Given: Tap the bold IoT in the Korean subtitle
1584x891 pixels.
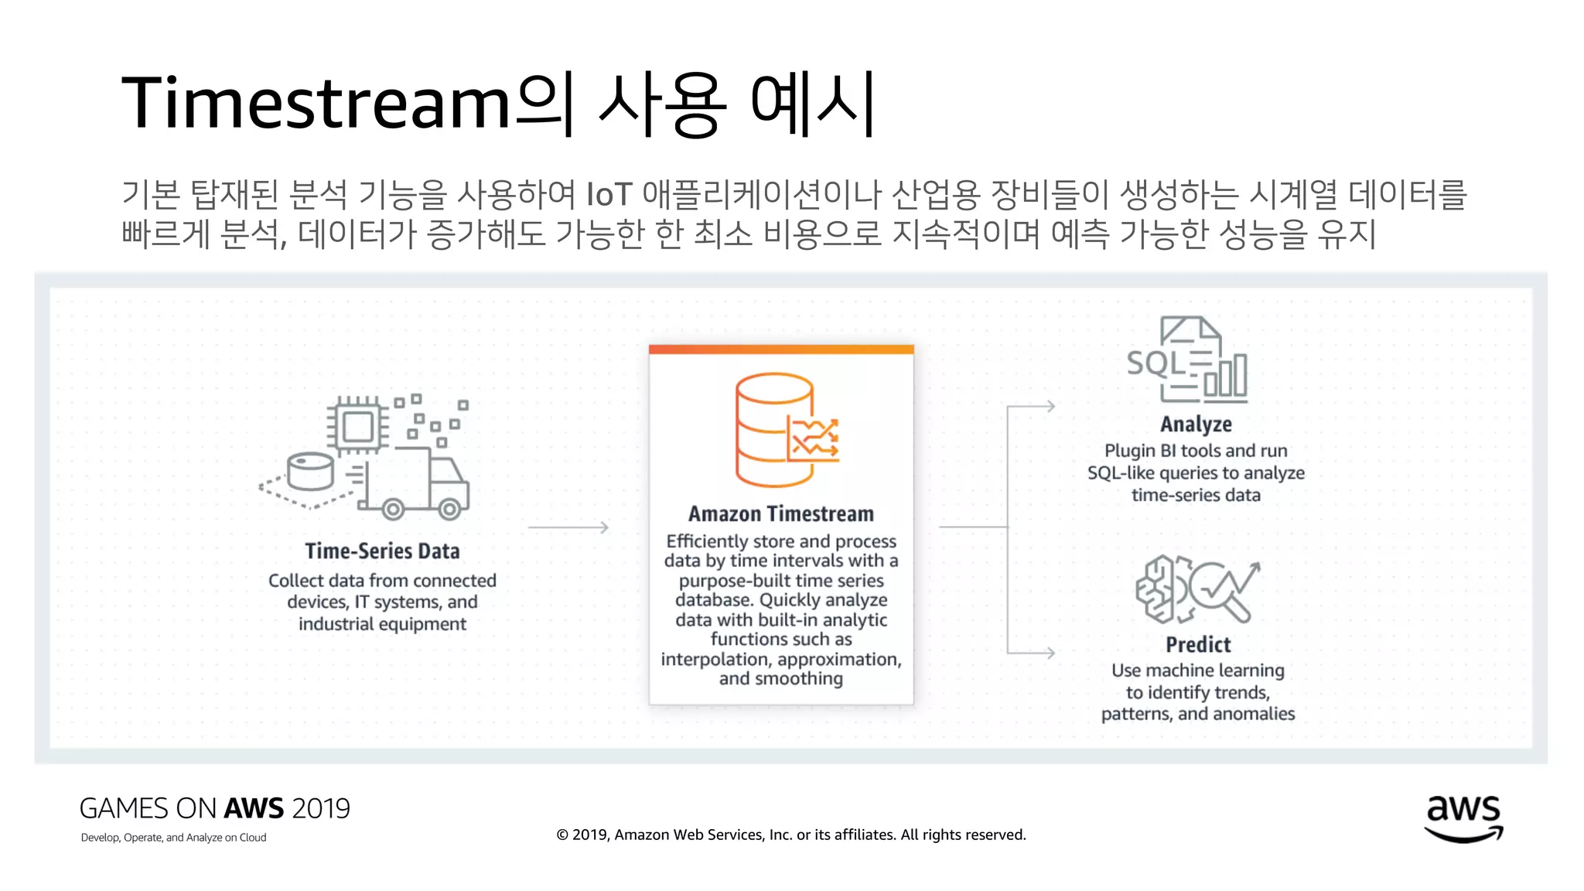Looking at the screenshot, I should [x=609, y=194].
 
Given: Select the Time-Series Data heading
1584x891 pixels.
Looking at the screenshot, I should [x=382, y=551].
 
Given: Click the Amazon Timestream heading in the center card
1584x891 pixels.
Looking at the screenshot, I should [x=781, y=514].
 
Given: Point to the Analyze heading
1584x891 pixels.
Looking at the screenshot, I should [x=1196, y=424].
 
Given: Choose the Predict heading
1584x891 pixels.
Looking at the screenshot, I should [x=1198, y=644].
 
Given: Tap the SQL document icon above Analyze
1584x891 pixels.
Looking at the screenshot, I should [x=1187, y=360].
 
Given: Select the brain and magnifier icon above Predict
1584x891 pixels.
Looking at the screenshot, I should [x=1197, y=589].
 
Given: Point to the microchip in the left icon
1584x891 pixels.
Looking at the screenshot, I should [x=357, y=425].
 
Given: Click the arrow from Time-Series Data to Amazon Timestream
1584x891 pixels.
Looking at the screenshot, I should [x=568, y=527].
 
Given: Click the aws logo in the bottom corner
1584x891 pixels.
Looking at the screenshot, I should [x=1463, y=818].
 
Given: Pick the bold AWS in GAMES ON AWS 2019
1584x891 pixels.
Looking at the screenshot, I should [x=254, y=808].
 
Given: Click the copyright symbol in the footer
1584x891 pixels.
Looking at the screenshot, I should [x=562, y=835].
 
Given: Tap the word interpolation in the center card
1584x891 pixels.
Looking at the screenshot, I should [x=715, y=659].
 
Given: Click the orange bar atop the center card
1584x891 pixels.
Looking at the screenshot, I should [x=781, y=350].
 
